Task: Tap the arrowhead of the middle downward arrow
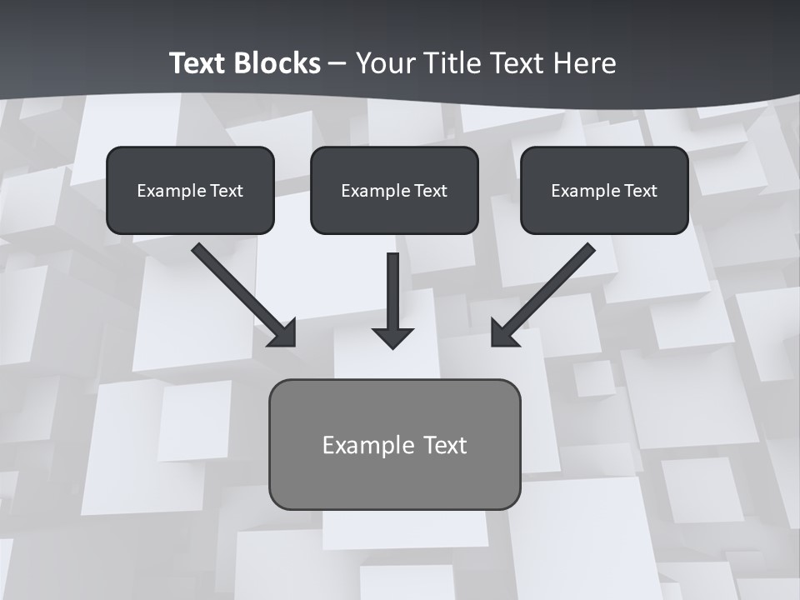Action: coord(393,338)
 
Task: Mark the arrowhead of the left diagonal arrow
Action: coord(284,334)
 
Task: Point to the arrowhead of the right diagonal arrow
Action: coord(502,334)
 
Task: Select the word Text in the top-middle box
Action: coord(431,191)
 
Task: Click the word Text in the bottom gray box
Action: coord(445,445)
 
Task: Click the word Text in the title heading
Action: coord(518,63)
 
